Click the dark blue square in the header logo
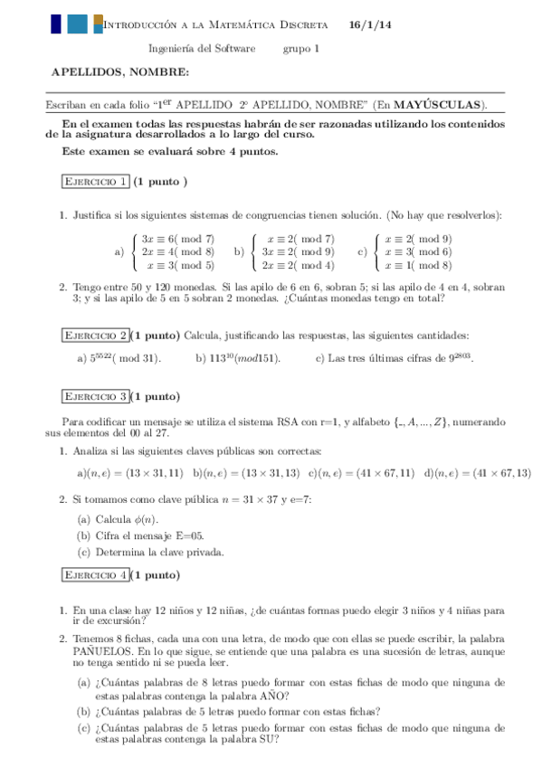pos(57,24)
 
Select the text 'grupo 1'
pos(301,49)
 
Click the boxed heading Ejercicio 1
pos(94,182)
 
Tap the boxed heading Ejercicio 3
pos(94,396)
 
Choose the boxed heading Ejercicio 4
pos(94,574)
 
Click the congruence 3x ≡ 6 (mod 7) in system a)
pos(178,239)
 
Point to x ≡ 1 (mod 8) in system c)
pos(418,266)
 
